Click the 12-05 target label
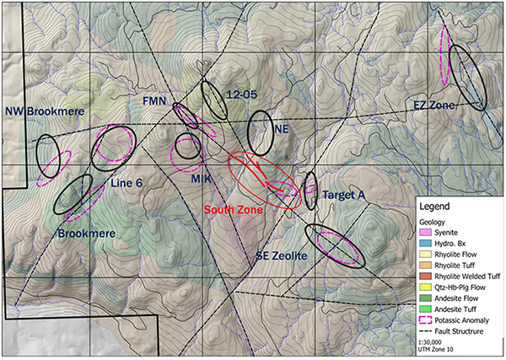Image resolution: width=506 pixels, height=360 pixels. click(242, 95)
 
